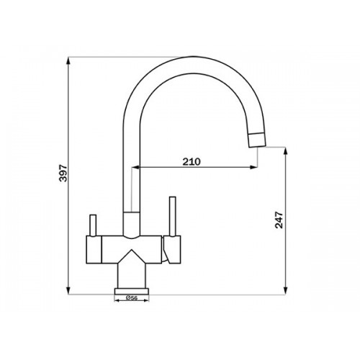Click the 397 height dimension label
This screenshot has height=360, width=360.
point(63,173)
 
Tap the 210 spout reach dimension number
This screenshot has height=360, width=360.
point(192,162)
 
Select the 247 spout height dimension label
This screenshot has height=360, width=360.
point(279,220)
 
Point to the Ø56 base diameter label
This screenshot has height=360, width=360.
point(132,298)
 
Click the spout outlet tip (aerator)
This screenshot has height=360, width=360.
point(257,140)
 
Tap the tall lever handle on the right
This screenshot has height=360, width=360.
point(173,216)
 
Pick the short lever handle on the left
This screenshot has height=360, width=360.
point(93,225)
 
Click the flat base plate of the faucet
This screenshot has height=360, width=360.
point(132,291)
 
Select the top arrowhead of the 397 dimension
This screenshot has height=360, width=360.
point(68,60)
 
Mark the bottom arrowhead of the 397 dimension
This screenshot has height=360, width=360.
point(68,290)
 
